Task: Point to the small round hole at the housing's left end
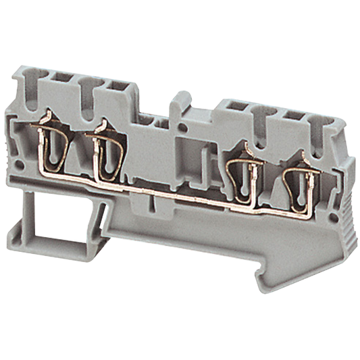coord(20,164)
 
